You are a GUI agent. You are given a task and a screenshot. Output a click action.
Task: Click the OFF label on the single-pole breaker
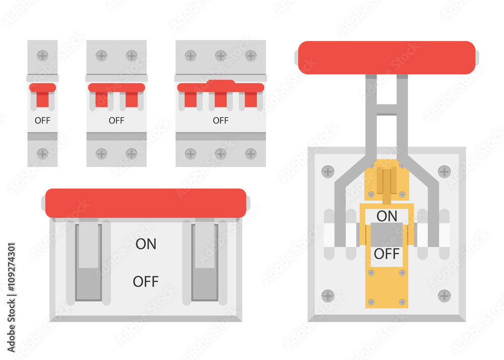pyautogui.click(x=42, y=121)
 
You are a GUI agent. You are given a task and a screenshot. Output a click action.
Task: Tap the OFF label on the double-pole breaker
pyautogui.click(x=116, y=121)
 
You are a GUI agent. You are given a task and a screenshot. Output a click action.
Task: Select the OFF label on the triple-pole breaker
pyautogui.click(x=220, y=121)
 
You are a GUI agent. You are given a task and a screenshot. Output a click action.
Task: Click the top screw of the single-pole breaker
pyautogui.click(x=42, y=55)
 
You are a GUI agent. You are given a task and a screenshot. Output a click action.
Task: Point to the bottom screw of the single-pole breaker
pyautogui.click(x=42, y=154)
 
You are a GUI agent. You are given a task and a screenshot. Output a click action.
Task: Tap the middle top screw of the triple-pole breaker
pyautogui.click(x=220, y=55)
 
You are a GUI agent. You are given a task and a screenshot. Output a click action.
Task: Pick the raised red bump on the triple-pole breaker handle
pyautogui.click(x=220, y=82)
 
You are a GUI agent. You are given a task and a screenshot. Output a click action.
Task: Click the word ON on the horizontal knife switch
pyautogui.click(x=146, y=244)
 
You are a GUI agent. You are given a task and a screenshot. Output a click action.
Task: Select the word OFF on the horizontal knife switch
pyautogui.click(x=146, y=281)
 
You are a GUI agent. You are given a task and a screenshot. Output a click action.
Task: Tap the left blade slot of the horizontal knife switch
pyautogui.click(x=88, y=262)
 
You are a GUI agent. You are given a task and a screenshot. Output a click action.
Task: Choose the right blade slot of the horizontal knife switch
pyautogui.click(x=205, y=262)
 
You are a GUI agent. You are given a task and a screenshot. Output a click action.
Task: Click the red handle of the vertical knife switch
pyautogui.click(x=387, y=57)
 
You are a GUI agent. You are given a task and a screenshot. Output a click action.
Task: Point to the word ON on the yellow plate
pyautogui.click(x=387, y=216)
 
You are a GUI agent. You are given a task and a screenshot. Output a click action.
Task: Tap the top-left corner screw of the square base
pyautogui.click(x=328, y=171)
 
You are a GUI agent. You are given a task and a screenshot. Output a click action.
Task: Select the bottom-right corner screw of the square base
pyautogui.click(x=444, y=295)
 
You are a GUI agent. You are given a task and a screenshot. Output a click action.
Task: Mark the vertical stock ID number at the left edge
pyautogui.click(x=11, y=297)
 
